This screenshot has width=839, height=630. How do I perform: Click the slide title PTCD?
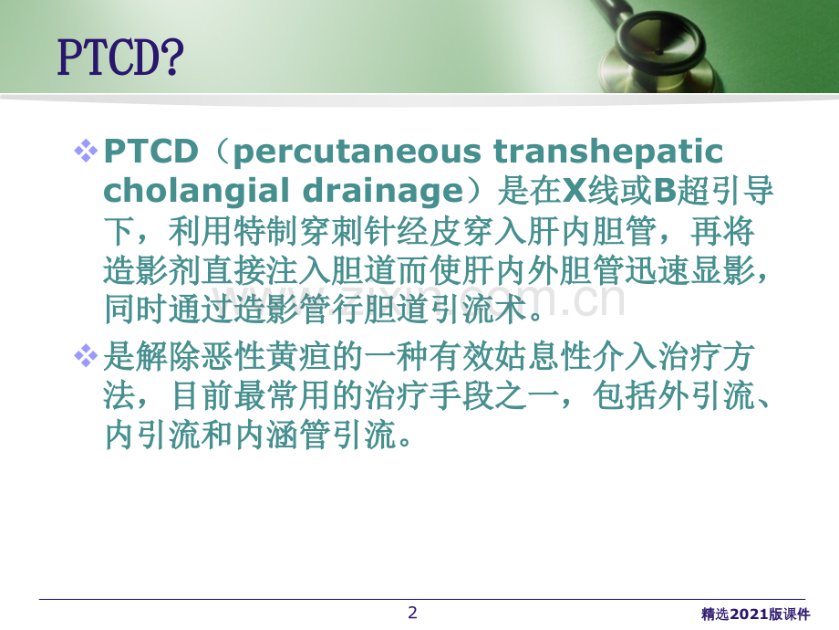[x=120, y=57]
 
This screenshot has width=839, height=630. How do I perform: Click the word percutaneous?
[x=357, y=152]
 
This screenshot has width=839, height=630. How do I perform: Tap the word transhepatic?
[x=608, y=152]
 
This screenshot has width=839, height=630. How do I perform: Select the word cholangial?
[x=197, y=191]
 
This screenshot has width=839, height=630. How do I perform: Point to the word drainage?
[x=383, y=192]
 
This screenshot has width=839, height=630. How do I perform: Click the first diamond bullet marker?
[x=86, y=151]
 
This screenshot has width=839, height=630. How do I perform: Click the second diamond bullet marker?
[x=86, y=356]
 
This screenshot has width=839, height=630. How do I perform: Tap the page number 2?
[x=412, y=613]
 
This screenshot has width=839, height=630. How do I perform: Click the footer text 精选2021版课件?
[x=755, y=614]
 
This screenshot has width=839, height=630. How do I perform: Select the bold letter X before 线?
[x=575, y=190]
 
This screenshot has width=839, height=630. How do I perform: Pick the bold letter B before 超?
[x=665, y=190]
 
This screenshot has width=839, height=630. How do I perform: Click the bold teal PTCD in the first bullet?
[x=150, y=151]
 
